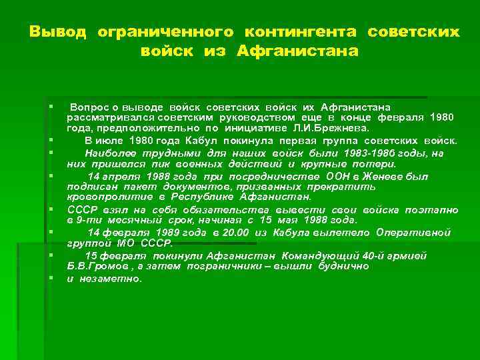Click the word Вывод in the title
tap(58, 32)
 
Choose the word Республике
tap(206, 198)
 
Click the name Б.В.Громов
tap(95, 266)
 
